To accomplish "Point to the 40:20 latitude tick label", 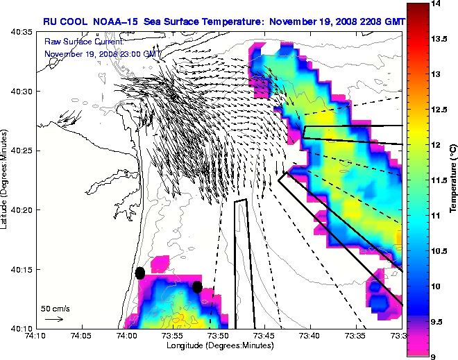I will pos(21,209).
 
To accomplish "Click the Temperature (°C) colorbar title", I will pos(452,180).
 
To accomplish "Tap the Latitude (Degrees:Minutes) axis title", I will pos(6,180).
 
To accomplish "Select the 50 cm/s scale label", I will pos(55,308).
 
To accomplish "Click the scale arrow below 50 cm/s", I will pos(54,319).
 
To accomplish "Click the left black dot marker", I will pos(140,273).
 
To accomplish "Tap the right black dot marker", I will pos(197,286).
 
